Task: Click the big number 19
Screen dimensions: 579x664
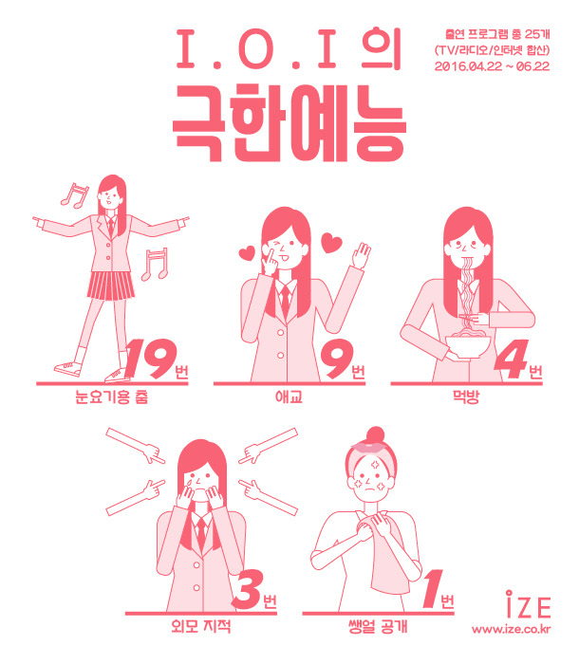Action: point(149,359)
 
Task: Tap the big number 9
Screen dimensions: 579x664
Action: point(337,360)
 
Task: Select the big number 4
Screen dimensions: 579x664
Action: point(511,359)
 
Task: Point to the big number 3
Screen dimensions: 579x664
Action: point(247,589)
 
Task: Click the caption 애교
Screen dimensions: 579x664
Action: point(289,397)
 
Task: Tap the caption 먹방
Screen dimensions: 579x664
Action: point(466,397)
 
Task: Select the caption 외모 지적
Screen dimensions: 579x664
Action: point(201,626)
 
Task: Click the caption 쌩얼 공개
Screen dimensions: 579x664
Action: point(378,626)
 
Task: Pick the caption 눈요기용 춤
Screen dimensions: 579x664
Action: point(111,397)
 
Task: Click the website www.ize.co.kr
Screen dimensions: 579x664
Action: point(512,629)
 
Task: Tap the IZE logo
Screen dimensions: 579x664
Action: point(528,604)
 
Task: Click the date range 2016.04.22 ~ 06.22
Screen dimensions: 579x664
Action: point(492,66)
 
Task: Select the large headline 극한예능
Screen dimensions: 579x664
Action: point(289,123)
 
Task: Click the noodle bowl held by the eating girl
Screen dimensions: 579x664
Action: point(468,345)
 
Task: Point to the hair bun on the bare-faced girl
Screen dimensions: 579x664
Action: point(375,434)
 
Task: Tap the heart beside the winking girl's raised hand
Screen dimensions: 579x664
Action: point(331,243)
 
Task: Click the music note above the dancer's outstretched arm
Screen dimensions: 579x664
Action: point(75,195)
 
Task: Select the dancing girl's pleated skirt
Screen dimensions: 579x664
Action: point(111,286)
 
